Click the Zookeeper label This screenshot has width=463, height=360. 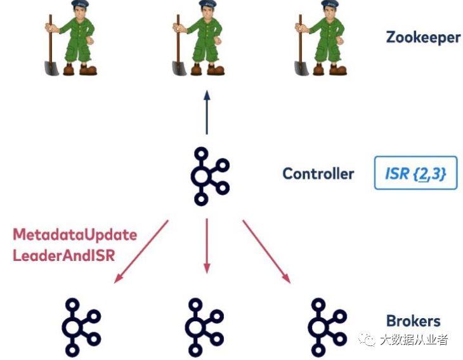(x=422, y=37)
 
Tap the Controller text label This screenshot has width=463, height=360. (x=318, y=173)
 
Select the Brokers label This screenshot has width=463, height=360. (x=413, y=321)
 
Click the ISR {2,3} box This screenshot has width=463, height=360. (x=415, y=173)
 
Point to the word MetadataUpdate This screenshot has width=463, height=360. (x=75, y=235)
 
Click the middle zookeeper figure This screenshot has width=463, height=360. (x=199, y=39)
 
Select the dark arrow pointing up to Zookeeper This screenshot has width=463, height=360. (x=206, y=112)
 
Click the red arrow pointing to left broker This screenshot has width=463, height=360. (x=141, y=251)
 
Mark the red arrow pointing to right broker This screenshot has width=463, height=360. (x=266, y=251)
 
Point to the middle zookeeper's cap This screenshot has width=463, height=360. (x=204, y=5)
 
